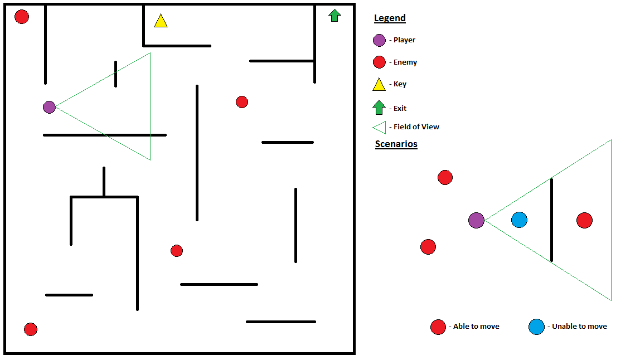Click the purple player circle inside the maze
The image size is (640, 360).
49,107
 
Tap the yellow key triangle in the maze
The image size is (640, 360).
161,22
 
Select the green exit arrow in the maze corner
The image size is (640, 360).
334,16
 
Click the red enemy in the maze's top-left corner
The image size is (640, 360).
22,17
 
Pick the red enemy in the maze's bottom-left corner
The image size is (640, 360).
31,329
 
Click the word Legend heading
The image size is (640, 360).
390,18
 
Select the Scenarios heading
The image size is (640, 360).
396,144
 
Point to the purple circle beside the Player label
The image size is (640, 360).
379,40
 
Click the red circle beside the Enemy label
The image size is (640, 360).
379,62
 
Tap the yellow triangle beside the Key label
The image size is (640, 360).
379,85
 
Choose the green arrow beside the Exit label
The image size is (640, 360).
379,107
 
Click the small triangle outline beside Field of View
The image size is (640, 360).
379,127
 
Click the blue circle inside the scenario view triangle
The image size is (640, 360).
519,220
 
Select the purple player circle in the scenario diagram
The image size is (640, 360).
476,220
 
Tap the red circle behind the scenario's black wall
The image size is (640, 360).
584,220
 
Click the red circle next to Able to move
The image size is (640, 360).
438,327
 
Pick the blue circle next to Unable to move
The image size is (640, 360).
536,327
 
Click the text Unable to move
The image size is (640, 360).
579,327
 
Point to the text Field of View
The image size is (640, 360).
416,127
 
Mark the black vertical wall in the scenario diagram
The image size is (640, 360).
551,220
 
